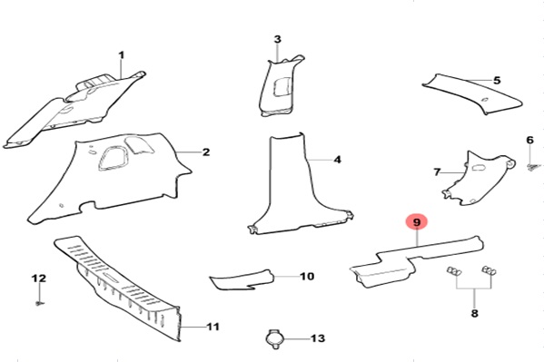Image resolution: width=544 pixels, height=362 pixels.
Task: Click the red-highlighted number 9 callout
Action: tap(417, 222)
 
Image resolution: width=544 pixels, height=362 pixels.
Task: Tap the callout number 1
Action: tap(121, 54)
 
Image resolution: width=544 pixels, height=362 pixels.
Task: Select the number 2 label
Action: tap(206, 152)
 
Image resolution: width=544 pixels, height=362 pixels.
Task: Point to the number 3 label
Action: tap(277, 39)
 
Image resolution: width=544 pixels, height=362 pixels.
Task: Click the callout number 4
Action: tap(337, 160)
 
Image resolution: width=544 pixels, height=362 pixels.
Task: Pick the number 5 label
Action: tap(497, 81)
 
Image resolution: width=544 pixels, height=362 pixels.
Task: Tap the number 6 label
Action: tap(529, 140)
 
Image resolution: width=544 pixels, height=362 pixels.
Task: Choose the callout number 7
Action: tap(437, 172)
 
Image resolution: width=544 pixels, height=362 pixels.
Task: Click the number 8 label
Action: tap(474, 313)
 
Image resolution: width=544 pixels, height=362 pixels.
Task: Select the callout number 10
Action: tap(307, 277)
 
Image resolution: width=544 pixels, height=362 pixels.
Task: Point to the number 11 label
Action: tap(213, 327)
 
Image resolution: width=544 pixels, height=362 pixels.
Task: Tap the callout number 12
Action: tap(38, 279)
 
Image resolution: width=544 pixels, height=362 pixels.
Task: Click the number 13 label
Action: tap(318, 338)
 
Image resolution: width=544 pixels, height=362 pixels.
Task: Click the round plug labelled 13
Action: tap(275, 338)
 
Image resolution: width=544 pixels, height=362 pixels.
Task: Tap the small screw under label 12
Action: tap(40, 304)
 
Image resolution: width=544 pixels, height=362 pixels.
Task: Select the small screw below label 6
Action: tap(531, 168)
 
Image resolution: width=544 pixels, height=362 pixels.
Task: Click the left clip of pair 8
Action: tap(454, 271)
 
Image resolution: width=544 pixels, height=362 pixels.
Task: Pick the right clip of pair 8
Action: tap(489, 270)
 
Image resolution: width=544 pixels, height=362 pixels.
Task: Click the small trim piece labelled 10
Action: tap(242, 279)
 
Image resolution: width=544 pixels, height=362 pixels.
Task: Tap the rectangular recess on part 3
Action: tap(282, 86)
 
